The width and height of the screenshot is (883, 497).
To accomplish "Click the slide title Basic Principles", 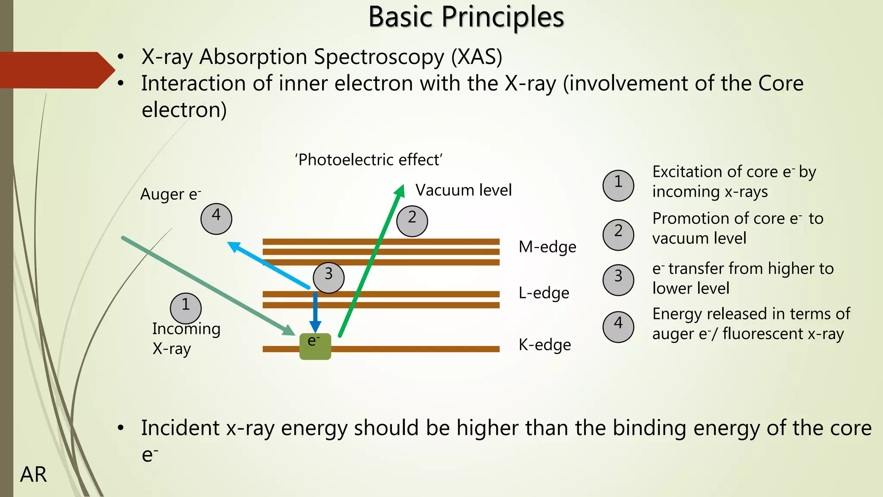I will (x=466, y=17).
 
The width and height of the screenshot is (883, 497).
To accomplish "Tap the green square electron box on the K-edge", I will (x=315, y=346).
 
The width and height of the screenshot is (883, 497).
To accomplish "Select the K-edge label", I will (x=545, y=345).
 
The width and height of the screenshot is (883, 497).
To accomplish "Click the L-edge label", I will (x=544, y=293).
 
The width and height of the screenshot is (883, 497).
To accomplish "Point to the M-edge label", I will (x=547, y=247).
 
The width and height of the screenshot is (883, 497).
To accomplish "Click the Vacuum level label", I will (x=463, y=190).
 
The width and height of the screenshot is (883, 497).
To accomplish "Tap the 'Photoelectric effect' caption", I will (x=369, y=160).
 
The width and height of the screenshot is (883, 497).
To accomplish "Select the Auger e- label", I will (x=171, y=194).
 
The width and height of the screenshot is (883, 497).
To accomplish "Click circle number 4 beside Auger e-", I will (x=216, y=219).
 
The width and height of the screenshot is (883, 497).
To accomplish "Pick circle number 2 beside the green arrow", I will (x=412, y=221).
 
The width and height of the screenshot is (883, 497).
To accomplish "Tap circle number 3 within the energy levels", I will (x=329, y=278).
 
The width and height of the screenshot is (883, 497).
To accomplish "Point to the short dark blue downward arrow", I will (x=315, y=313).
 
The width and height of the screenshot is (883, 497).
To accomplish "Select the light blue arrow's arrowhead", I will (x=231, y=245).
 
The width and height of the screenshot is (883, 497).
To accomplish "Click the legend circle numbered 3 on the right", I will (x=618, y=280).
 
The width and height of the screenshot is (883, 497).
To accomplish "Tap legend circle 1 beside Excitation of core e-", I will (x=618, y=186).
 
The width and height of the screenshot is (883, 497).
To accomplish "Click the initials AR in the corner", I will (x=34, y=475).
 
